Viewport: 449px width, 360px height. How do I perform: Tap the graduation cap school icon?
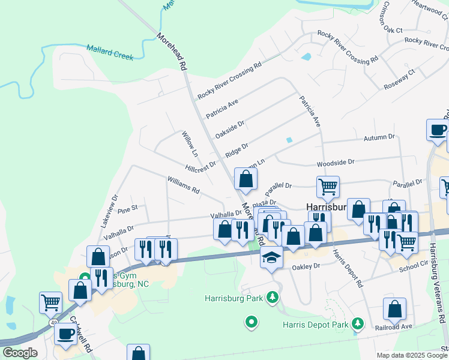(271, 257)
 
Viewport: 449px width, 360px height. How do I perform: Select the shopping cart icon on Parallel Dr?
(328, 187)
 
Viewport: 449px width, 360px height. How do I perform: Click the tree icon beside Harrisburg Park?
(273, 297)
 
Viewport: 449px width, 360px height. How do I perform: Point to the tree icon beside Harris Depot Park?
(358, 324)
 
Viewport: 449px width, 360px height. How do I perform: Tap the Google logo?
(19, 353)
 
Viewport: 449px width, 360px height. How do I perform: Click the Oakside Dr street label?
(230, 129)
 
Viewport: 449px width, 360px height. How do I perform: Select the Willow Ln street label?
(190, 144)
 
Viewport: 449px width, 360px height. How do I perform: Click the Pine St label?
(128, 208)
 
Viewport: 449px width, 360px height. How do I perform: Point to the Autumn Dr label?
(379, 138)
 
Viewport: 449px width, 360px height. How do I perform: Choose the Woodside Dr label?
(336, 162)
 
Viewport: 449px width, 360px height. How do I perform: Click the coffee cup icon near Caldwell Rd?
(65, 333)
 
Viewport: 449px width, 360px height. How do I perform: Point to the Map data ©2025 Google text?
(411, 355)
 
